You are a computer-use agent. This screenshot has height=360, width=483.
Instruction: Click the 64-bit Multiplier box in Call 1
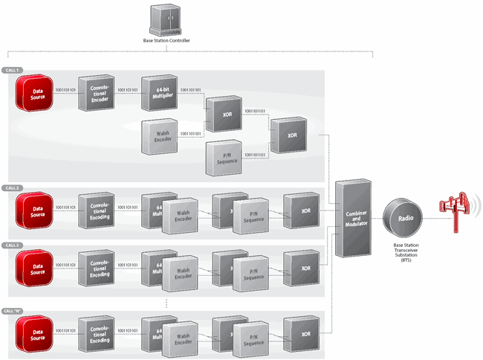(159, 92)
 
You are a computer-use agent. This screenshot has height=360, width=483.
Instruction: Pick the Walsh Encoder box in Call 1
(159, 135)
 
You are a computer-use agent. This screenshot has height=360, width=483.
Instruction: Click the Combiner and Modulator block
(353, 218)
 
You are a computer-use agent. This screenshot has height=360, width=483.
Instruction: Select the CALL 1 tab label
(13, 70)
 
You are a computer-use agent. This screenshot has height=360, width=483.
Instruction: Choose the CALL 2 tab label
(13, 187)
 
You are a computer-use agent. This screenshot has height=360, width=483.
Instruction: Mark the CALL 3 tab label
(13, 245)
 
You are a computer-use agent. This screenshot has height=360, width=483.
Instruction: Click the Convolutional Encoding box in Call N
(97, 334)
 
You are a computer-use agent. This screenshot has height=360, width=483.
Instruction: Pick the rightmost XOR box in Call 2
(303, 210)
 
